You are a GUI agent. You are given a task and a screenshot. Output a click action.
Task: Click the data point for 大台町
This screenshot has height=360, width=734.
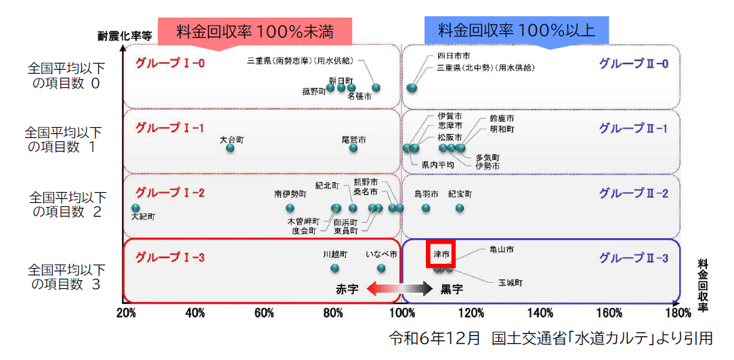coord(230,148)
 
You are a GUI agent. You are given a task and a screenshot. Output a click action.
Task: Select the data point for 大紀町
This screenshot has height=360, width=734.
coord(135,208)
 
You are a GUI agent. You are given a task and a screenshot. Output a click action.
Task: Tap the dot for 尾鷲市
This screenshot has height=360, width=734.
coord(353,148)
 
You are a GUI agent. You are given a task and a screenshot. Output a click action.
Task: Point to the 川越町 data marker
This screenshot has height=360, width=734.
coord(334,268)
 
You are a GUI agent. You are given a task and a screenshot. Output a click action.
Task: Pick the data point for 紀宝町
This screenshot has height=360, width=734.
coord(460,208)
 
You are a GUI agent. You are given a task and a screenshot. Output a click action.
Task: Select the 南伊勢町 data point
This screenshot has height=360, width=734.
coord(290,208)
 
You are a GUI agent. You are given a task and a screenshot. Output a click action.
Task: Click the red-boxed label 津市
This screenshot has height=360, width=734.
coord(441,255)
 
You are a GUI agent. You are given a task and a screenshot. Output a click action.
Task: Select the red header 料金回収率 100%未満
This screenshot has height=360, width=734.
coord(255,31)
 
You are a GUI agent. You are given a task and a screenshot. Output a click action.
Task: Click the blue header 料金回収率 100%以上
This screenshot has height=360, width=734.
coord(517,30)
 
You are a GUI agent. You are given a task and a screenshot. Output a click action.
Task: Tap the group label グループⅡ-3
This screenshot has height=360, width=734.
coord(634,258)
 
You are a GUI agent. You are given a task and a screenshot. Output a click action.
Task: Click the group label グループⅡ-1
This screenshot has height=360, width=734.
coord(634,128)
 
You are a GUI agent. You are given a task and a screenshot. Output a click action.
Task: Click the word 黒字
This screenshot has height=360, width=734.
coord(452,289)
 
